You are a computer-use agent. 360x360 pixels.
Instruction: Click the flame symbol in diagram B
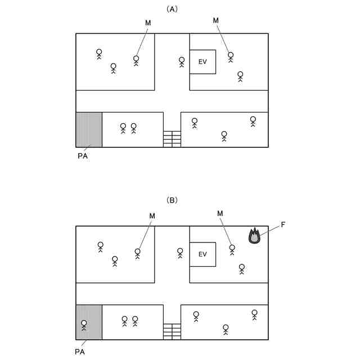point(255,236)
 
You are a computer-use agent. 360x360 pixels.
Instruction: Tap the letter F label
point(283,225)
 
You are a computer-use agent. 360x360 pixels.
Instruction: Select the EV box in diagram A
point(202,61)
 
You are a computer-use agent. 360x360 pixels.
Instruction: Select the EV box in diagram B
point(202,254)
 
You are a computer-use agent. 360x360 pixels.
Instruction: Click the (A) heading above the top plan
point(172,9)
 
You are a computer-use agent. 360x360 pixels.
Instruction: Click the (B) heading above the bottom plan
point(172,200)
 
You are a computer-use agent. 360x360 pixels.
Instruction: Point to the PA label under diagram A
point(82,157)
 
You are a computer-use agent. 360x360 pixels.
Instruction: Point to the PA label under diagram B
point(79,351)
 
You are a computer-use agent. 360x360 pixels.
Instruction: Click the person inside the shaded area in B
point(84,325)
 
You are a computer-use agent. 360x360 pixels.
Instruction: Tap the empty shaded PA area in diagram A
point(89,129)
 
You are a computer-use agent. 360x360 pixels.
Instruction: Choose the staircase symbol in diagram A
point(172,138)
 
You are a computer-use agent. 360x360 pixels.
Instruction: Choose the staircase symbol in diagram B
point(172,331)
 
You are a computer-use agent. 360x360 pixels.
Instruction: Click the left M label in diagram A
point(148,22)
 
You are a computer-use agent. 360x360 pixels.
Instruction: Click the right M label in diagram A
point(215,21)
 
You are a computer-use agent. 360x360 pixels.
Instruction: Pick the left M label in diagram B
point(152,215)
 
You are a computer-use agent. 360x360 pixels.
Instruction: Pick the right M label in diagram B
point(220,213)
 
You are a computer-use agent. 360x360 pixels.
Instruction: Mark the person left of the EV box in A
point(182,61)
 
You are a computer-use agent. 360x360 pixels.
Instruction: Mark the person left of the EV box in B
point(180,253)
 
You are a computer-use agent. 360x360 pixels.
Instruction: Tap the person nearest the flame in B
point(232,249)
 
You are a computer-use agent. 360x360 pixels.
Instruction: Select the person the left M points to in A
point(136,60)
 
